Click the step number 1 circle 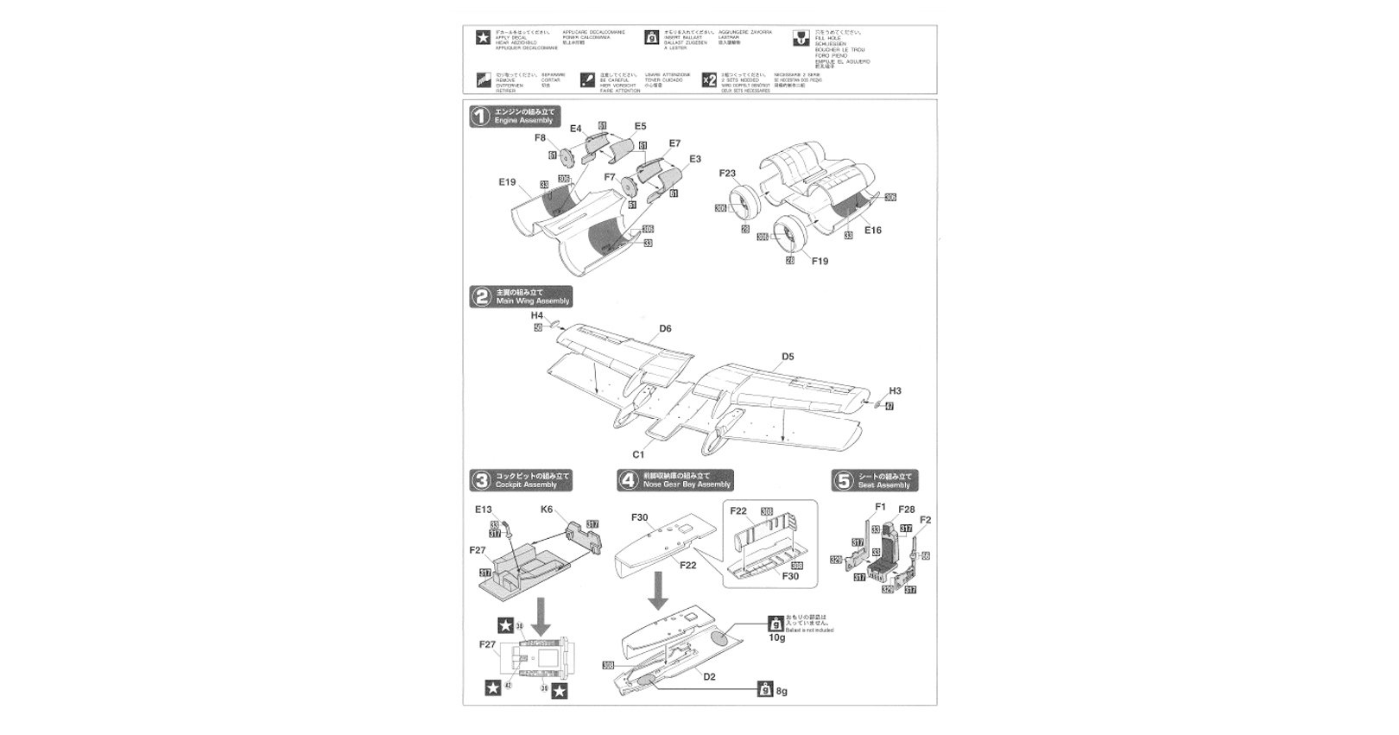(x=480, y=117)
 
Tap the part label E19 (x=507, y=182)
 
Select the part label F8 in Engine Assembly (x=541, y=137)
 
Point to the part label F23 (x=728, y=174)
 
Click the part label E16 (x=872, y=231)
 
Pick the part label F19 (x=820, y=261)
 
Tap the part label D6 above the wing (x=665, y=328)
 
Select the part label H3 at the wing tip (x=895, y=391)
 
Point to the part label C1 (x=638, y=454)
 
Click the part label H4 (x=537, y=316)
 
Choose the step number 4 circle (x=629, y=480)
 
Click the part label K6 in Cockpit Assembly (x=547, y=510)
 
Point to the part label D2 (x=709, y=676)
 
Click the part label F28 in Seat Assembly (x=906, y=510)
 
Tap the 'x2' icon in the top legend (x=709, y=79)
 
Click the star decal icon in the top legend (x=483, y=37)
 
